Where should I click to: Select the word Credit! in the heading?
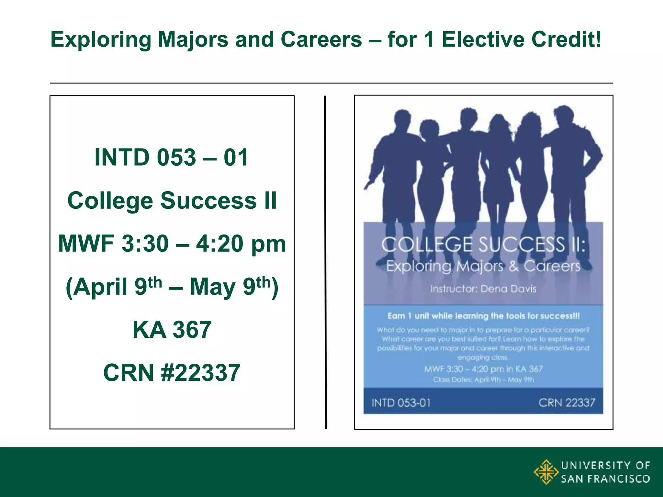[x=566, y=39]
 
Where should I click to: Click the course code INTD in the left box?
[x=122, y=158]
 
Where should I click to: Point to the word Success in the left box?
[x=209, y=201]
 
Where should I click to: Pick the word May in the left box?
[x=212, y=287]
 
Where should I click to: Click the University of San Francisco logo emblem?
[x=546, y=472]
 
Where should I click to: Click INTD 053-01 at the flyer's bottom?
[x=401, y=403]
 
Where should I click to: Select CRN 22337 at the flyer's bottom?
[x=567, y=403]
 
